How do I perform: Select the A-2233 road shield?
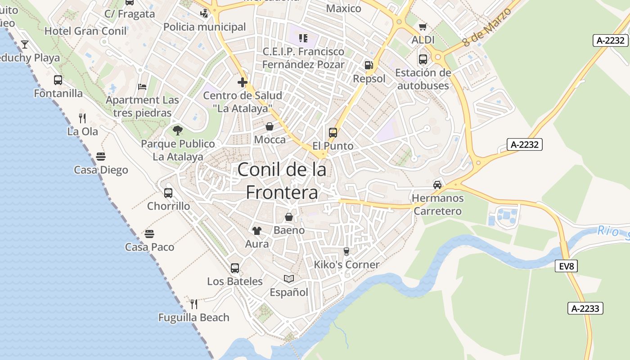tap(585, 308)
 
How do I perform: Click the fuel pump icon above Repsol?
tap(369, 65)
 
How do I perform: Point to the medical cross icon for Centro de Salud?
tap(243, 82)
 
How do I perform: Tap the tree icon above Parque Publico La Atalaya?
tap(178, 130)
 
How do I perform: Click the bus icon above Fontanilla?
tap(58, 80)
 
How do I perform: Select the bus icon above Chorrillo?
tap(168, 193)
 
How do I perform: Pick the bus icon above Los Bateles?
tap(234, 268)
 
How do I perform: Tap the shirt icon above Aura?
tap(256, 231)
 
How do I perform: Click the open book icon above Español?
tap(288, 279)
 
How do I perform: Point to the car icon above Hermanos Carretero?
tap(437, 184)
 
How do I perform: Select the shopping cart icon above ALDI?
tap(423, 27)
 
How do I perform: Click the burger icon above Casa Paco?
tap(149, 234)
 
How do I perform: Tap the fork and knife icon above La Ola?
tap(82, 118)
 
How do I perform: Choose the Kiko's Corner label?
tap(346, 265)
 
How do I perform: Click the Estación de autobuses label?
tap(423, 79)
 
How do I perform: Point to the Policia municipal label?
tap(205, 27)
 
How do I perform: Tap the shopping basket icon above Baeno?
tap(289, 217)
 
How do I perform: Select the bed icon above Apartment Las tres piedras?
tap(142, 86)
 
